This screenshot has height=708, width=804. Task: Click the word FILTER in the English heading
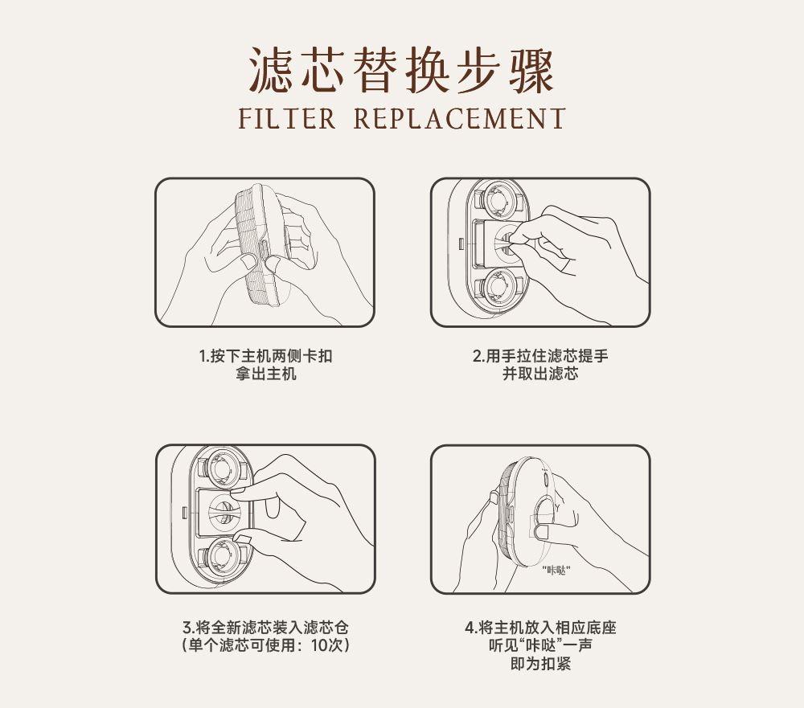(x=287, y=118)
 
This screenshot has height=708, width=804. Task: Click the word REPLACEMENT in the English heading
(x=459, y=118)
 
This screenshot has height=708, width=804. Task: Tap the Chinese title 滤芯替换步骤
(x=401, y=71)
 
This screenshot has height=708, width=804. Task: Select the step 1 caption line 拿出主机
(x=265, y=373)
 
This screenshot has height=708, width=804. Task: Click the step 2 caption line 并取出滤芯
(x=540, y=373)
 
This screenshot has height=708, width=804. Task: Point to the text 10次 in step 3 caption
(x=328, y=645)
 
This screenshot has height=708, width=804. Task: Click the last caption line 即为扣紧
(x=540, y=663)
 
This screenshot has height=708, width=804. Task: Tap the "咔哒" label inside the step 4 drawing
(x=556, y=570)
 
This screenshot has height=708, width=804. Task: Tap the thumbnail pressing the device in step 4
(x=541, y=530)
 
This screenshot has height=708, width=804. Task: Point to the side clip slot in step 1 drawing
(x=263, y=252)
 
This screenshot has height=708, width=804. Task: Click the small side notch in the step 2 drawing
(x=461, y=242)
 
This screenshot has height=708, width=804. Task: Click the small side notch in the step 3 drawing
(x=184, y=511)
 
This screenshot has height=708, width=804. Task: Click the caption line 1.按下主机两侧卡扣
(x=265, y=355)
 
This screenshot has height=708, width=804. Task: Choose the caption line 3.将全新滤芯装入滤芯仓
(x=265, y=627)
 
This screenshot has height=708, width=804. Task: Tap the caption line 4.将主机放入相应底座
(x=540, y=627)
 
